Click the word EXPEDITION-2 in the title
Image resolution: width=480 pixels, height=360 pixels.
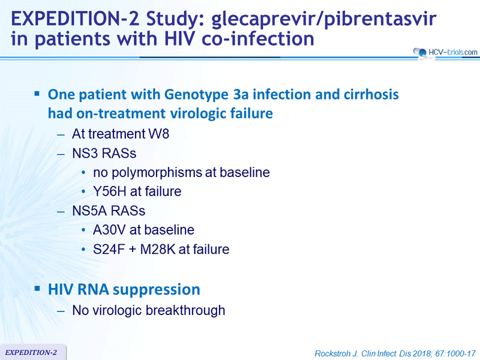tap(75, 19)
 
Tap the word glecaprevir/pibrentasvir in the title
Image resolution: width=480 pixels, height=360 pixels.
tap(324, 19)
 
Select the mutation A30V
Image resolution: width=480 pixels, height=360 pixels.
tap(109, 230)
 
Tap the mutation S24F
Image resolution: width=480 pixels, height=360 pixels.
tap(109, 249)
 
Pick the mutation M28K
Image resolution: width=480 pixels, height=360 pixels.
tap(158, 249)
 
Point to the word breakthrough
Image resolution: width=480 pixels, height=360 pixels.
tap(185, 310)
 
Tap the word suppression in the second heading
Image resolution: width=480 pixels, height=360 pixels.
tap(161, 290)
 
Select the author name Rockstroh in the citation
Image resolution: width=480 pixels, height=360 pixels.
tap(332, 353)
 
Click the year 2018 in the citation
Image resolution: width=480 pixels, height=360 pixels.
tap(422, 353)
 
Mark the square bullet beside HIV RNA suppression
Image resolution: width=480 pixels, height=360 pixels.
tap(37, 289)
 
